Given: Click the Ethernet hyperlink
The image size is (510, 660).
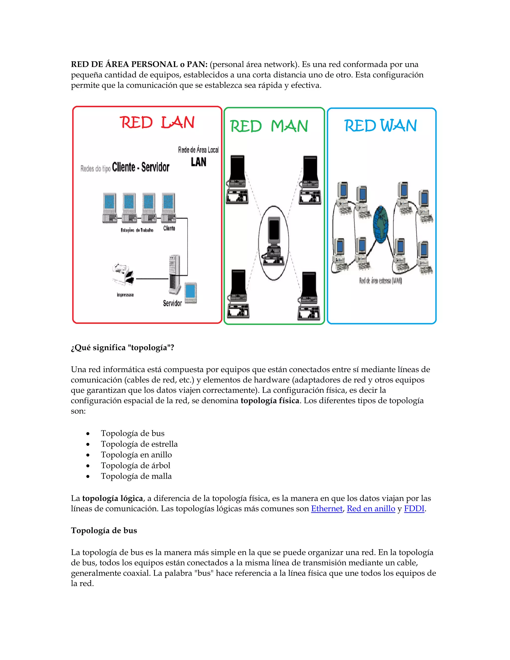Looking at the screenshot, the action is click(327, 509).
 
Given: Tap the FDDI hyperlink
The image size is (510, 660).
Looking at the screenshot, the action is click(414, 509).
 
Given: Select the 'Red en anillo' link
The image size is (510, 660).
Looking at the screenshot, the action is click(371, 509).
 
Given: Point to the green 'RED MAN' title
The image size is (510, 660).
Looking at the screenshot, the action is click(269, 126).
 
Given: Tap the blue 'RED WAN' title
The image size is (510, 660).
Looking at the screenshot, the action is click(381, 126).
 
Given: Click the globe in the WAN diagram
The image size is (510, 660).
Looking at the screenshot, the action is click(381, 224).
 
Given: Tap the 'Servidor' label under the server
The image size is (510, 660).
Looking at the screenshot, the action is click(172, 303).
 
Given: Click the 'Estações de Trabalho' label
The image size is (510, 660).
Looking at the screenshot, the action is click(137, 230).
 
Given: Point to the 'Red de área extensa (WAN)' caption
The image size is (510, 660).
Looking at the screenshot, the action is click(381, 281).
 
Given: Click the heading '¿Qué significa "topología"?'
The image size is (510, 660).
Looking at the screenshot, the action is click(122, 347).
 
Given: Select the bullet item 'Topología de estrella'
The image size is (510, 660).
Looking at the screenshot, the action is click(139, 444).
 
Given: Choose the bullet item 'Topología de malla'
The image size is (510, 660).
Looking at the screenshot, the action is click(136, 476).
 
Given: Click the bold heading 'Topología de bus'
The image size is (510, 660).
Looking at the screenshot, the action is click(104, 531).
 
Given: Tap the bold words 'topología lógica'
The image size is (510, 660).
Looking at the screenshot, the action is click(112, 498).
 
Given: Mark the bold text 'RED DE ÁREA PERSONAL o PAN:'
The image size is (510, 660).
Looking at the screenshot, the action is click(139, 64).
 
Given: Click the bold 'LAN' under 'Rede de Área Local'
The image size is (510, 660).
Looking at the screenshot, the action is click(198, 162).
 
